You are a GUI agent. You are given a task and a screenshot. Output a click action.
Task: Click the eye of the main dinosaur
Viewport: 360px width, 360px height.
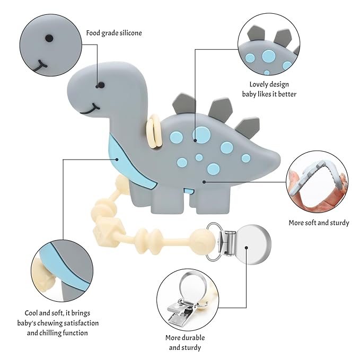coord(97,85)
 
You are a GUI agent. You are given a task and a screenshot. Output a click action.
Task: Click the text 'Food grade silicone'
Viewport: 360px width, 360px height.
coord(114,33)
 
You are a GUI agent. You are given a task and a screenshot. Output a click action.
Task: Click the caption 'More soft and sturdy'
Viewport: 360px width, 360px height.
coord(319,223)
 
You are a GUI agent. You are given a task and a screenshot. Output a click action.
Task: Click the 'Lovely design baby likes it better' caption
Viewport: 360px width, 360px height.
coord(273,89)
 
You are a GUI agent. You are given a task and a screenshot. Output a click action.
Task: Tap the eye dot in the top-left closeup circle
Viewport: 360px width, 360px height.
coord(49,38)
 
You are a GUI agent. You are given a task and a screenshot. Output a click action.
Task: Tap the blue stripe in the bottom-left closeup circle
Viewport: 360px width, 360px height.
coord(64,265)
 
